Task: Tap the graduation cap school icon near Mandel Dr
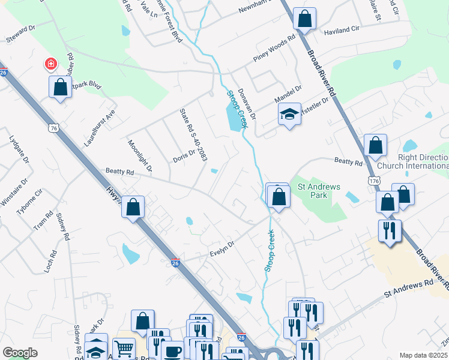[x=289, y=114]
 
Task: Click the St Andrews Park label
[x=319, y=191]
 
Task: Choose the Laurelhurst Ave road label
[x=100, y=129]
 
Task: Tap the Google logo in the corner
[x=20, y=353]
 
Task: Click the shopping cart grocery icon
[x=124, y=348]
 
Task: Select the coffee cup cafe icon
[x=173, y=351]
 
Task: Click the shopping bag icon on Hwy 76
[x=134, y=208]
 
